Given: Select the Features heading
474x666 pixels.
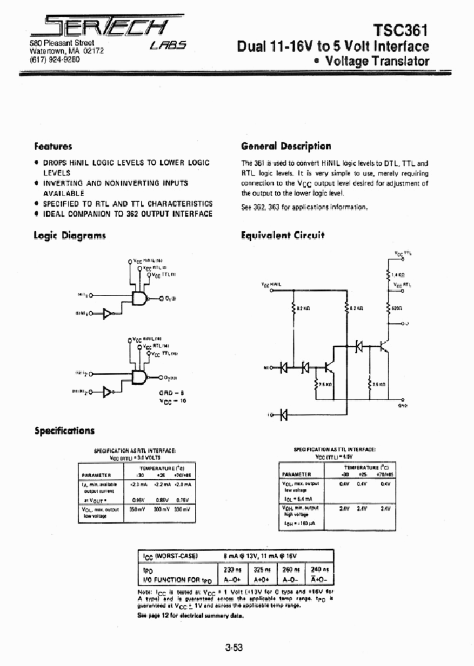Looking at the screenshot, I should coord(53,146).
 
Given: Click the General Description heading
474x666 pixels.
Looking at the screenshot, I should coord(286,146).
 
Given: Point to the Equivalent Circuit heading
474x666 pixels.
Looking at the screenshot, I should coord(282,235).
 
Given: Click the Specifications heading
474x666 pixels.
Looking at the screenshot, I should coord(65,430).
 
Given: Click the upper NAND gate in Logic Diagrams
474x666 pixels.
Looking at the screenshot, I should coord(140,299).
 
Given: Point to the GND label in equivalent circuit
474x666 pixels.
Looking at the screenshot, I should coord(403,406).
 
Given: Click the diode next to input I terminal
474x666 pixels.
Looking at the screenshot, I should coord(284,415).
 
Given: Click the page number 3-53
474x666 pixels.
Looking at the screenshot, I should coord(234,648).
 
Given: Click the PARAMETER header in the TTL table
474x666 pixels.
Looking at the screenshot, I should coord(297,473).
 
